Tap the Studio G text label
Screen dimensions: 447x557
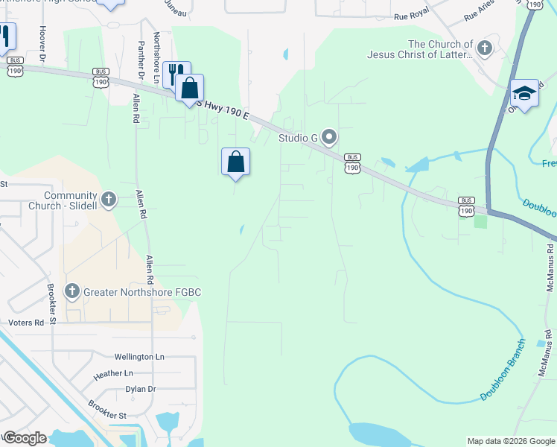(298, 138)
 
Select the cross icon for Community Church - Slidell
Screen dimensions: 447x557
(109, 199)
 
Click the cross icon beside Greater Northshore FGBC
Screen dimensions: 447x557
(72, 291)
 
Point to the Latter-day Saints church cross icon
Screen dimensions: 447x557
(484, 49)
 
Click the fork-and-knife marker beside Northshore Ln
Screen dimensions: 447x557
(176, 74)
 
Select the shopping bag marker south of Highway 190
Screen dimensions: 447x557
(235, 161)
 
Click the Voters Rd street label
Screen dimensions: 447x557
(27, 323)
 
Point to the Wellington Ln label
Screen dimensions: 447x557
(139, 357)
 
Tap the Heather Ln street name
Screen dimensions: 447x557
(113, 373)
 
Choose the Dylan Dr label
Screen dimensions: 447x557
(140, 389)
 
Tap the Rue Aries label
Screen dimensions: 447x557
(480, 11)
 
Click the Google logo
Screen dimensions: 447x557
(25, 438)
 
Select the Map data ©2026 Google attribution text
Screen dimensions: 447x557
(510, 441)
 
